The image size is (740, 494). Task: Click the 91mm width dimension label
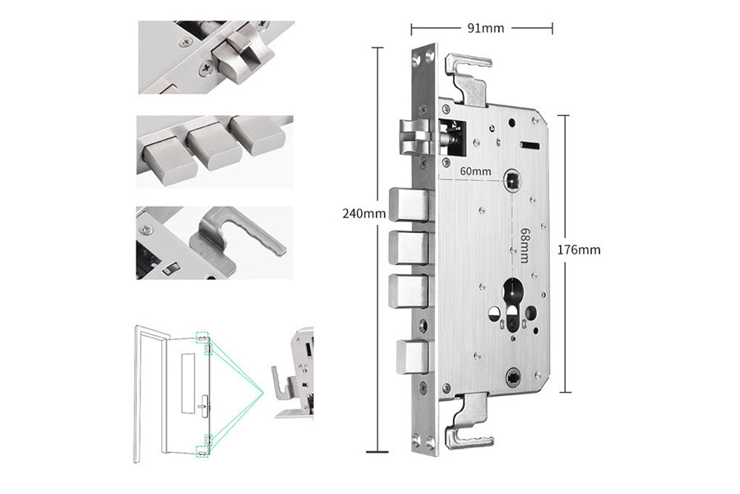pyautogui.click(x=485, y=28)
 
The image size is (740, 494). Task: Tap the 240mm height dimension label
pyautogui.click(x=364, y=213)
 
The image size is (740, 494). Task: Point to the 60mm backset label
pyautogui.click(x=475, y=171)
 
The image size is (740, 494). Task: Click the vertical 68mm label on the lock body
pyautogui.click(x=523, y=246)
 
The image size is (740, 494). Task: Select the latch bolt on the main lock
pyautogui.click(x=415, y=137)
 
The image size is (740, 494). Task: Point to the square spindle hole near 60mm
pyautogui.click(x=514, y=179)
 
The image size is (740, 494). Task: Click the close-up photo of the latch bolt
pyautogui.click(x=215, y=57)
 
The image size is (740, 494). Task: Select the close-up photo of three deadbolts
pyautogui.click(x=215, y=151)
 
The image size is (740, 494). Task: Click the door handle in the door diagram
pyautogui.click(x=203, y=405)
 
